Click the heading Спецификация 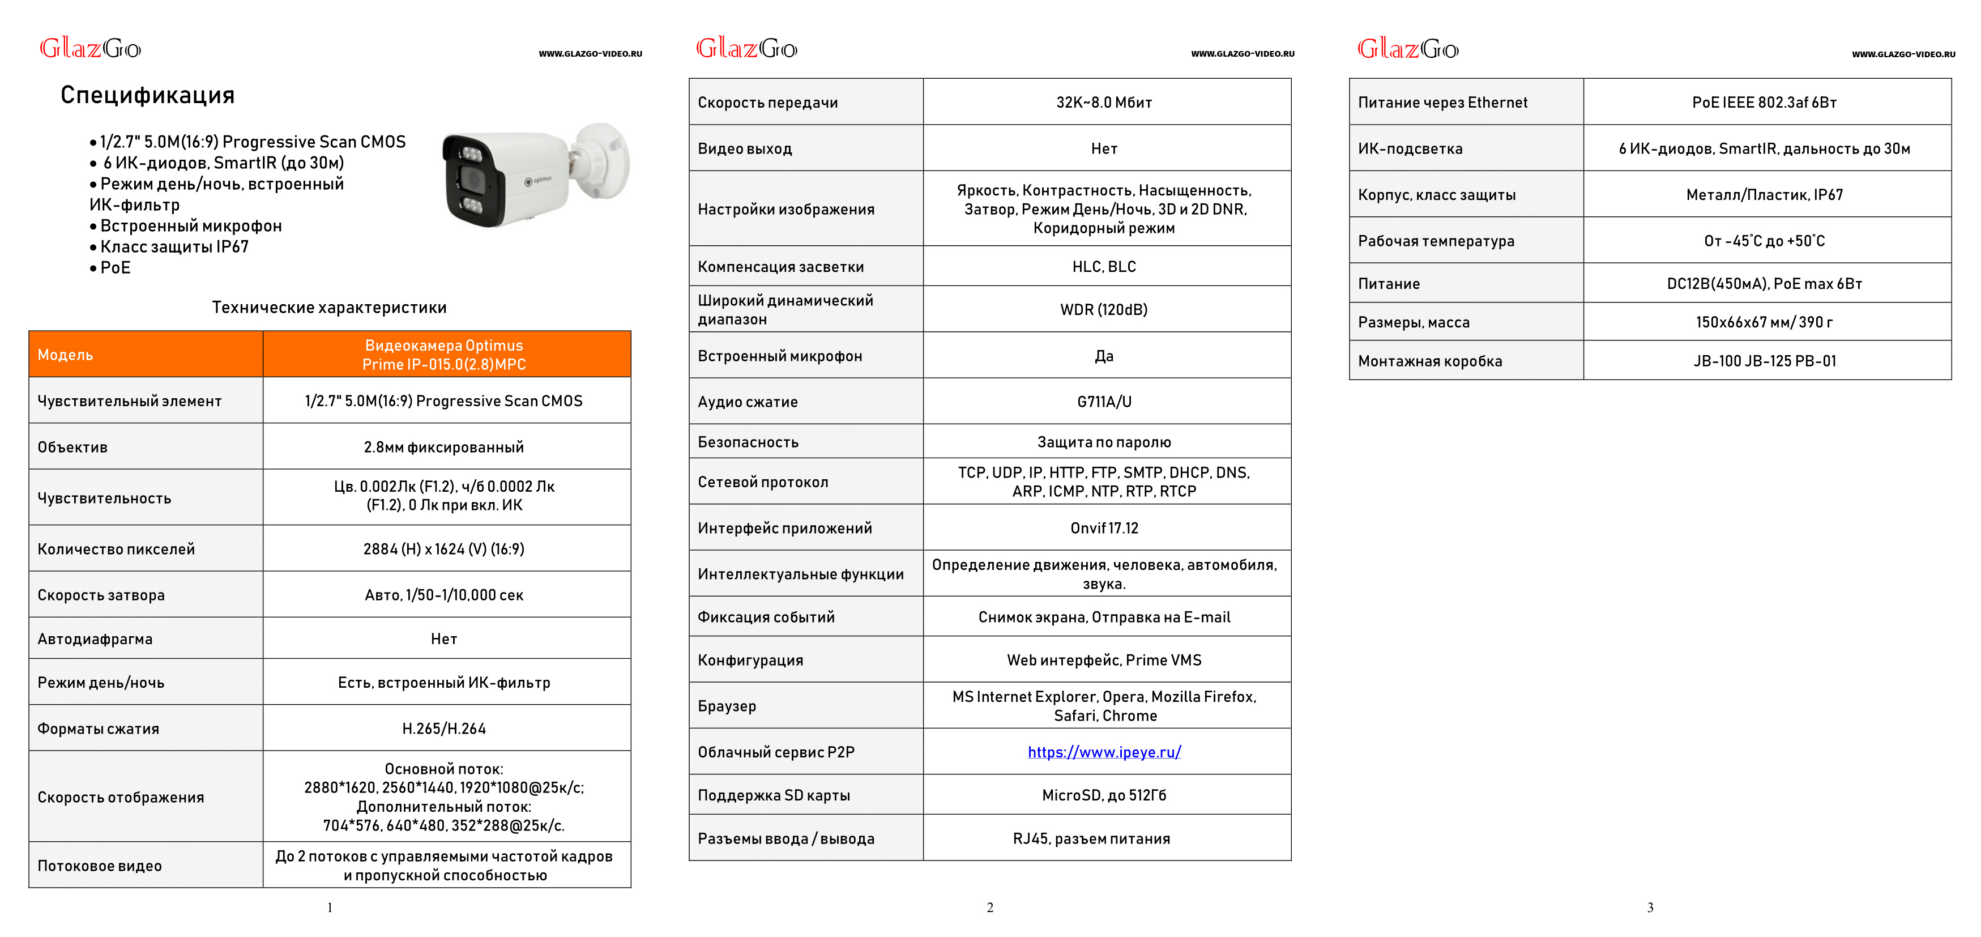(148, 95)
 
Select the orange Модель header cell (146, 355)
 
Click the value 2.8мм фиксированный (444, 447)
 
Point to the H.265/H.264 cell (444, 729)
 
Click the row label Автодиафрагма (95, 638)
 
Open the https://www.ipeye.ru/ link (1104, 752)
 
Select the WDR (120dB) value (1104, 309)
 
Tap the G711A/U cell (1104, 402)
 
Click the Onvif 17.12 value (1104, 528)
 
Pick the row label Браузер (727, 706)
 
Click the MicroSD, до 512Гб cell (1104, 795)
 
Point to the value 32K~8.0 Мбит (1104, 103)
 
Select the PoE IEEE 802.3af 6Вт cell (1764, 103)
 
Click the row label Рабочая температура (1436, 241)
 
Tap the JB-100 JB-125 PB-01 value (1764, 361)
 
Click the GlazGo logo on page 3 (1407, 49)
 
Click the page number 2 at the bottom (990, 908)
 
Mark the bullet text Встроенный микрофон (191, 226)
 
